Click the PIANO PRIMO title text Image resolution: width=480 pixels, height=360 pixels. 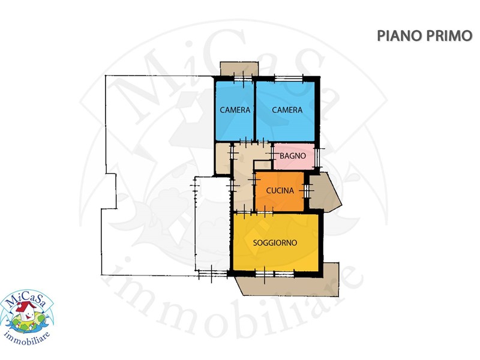click(425, 36)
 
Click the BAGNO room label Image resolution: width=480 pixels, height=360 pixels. click(293, 156)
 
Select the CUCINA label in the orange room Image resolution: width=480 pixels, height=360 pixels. click(280, 190)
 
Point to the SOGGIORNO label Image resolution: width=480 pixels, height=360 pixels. click(275, 243)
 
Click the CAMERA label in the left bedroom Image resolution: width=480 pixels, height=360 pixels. click(235, 110)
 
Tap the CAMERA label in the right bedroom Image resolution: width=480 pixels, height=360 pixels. click(287, 110)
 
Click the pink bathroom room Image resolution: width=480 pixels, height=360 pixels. click(294, 156)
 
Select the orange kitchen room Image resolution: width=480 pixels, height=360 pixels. click(280, 191)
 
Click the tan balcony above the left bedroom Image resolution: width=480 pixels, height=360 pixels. click(239, 69)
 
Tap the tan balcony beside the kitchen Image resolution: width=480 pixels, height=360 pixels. click(324, 191)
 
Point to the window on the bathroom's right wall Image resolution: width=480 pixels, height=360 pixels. click(318, 157)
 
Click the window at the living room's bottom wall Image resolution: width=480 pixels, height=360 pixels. click(275, 274)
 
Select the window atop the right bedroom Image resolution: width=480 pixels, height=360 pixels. click(289, 79)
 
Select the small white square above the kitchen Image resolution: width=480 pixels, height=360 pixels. click(262, 165)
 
